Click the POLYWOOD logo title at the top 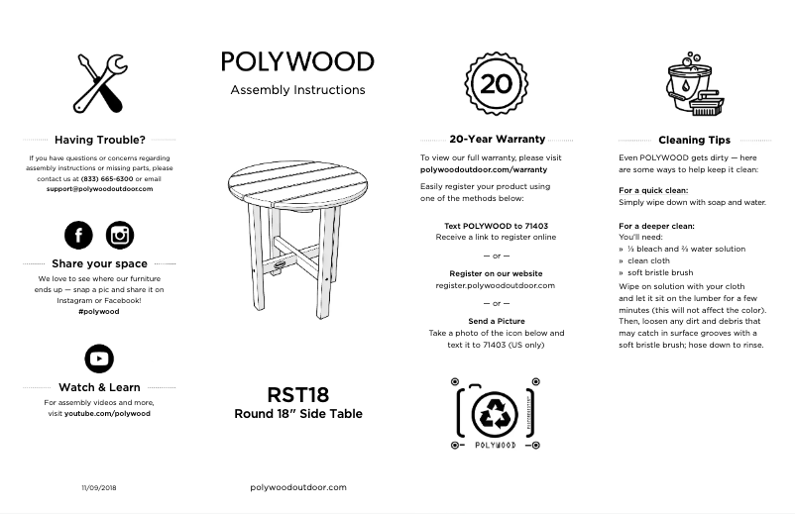click(x=297, y=61)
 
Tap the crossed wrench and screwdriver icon click(x=100, y=83)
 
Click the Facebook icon click(x=78, y=235)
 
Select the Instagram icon click(x=120, y=235)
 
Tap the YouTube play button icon click(x=99, y=359)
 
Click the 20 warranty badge click(x=495, y=82)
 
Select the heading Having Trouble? click(x=99, y=140)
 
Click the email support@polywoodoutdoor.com click(x=99, y=188)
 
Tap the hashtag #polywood click(x=99, y=311)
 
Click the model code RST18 click(x=297, y=395)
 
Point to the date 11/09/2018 click(x=98, y=487)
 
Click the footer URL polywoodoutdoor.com click(x=297, y=487)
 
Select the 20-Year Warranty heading click(x=497, y=140)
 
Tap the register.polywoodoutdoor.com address click(x=495, y=285)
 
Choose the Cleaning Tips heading click(x=694, y=140)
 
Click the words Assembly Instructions click(x=297, y=90)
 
